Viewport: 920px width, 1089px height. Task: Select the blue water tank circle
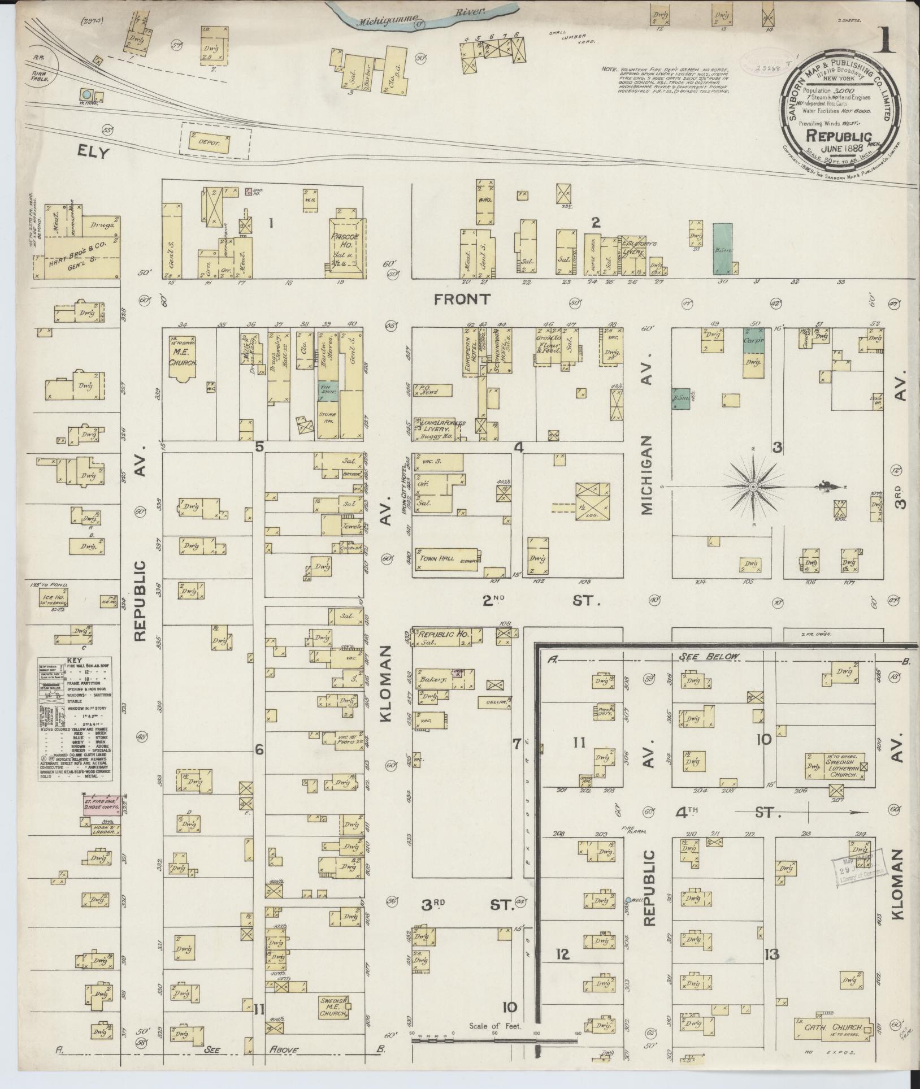tap(86, 94)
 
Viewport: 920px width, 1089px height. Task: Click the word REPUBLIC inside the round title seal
tap(839, 136)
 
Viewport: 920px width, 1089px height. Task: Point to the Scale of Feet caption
tap(495, 1026)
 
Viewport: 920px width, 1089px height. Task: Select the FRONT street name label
tap(462, 299)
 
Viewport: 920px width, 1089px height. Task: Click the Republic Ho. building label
tap(444, 635)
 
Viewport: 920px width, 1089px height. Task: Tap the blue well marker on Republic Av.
tap(628, 900)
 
